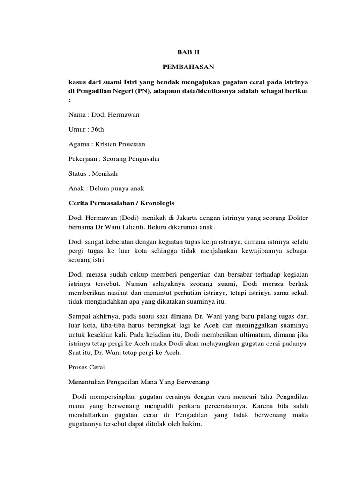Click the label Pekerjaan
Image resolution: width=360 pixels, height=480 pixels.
(x=83, y=158)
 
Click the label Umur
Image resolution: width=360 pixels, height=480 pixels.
(x=77, y=129)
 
